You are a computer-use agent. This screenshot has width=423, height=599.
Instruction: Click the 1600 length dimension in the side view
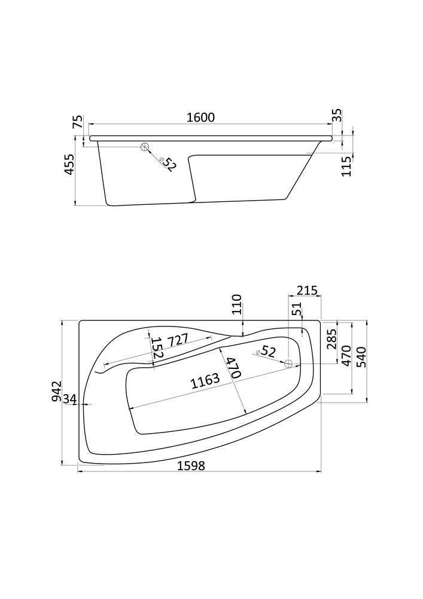[x=201, y=117]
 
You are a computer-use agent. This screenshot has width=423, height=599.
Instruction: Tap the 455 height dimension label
[x=69, y=165]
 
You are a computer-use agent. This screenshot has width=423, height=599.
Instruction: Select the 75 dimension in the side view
[x=77, y=121]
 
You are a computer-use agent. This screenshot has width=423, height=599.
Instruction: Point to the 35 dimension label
[x=337, y=116]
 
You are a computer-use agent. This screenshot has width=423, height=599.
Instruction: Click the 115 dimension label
[x=346, y=166]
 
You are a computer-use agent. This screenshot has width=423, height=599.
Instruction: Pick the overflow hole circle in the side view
[x=145, y=147]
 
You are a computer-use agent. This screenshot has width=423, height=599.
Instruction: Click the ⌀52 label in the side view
[x=168, y=164]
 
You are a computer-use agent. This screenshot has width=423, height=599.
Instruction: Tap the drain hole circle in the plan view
[x=289, y=364]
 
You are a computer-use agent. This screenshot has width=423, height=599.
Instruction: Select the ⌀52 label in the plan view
[x=266, y=351]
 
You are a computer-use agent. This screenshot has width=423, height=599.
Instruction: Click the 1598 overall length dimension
[x=191, y=465]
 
